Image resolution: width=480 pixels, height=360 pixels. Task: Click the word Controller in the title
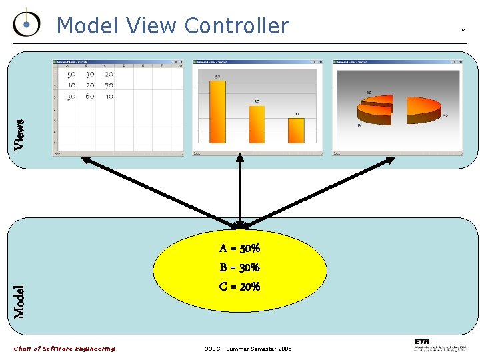tap(237, 26)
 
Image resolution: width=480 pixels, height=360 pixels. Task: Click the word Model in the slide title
tap(85, 26)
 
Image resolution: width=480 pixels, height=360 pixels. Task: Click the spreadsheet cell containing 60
tap(90, 96)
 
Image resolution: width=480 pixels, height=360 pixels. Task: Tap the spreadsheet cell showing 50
tap(71, 75)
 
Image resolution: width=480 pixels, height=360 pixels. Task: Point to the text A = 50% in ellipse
tap(239, 249)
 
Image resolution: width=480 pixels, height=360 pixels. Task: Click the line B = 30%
tap(239, 268)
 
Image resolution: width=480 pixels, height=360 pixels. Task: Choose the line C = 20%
tap(239, 287)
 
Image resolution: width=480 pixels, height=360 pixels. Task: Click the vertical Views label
tap(20, 134)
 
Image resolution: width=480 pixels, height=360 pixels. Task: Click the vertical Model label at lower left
tap(21, 301)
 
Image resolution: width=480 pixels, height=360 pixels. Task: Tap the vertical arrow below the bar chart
tap(239, 193)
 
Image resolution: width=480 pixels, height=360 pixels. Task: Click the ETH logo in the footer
tap(421, 342)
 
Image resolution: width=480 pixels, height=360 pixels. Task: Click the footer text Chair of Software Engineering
tap(65, 349)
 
